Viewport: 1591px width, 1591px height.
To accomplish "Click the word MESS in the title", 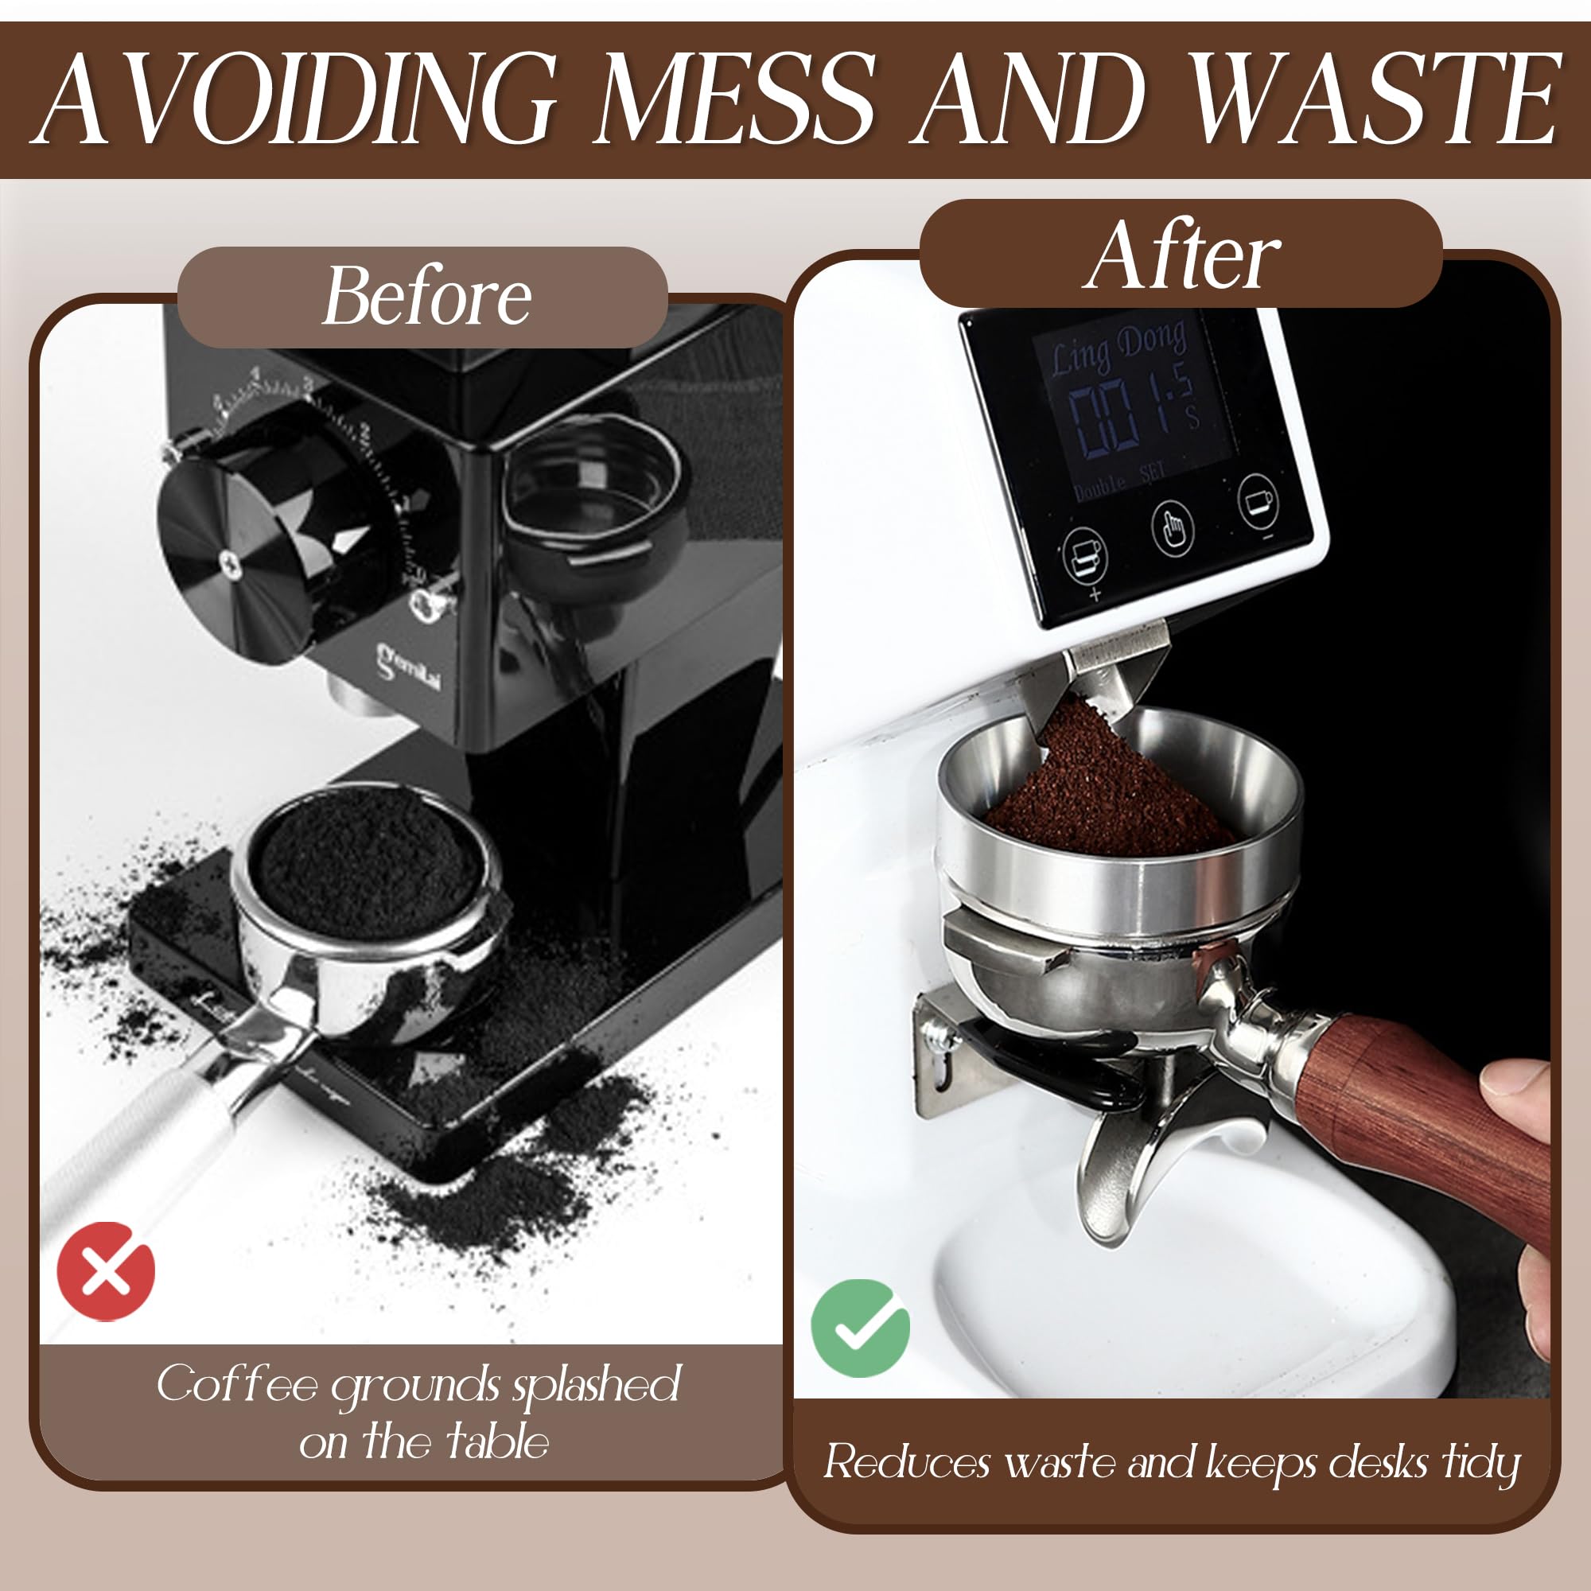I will pyautogui.click(x=735, y=100).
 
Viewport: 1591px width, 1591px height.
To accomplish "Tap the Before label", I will pyautogui.click(x=426, y=297).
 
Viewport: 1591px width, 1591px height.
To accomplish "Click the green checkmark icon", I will pyautogui.click(x=860, y=1328).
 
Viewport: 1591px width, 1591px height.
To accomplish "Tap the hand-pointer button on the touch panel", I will pyautogui.click(x=1173, y=528).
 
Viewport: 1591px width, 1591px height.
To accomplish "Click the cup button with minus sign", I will pyautogui.click(x=1258, y=500).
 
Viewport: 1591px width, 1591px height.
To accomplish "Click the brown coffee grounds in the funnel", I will pyautogui.click(x=1103, y=791).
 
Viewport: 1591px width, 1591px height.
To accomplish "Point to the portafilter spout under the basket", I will pyautogui.click(x=1128, y=1169).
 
